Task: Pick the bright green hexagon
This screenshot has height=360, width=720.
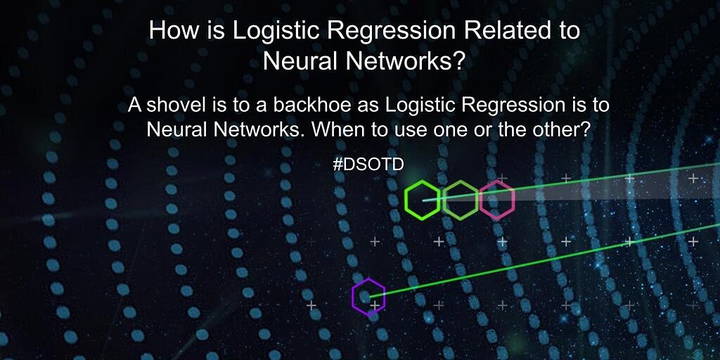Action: (423, 200)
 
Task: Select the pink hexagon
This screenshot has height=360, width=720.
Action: (497, 200)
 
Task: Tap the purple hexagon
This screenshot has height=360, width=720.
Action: (368, 298)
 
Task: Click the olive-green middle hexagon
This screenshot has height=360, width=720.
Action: (461, 200)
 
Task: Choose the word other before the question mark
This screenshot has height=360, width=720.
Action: (556, 130)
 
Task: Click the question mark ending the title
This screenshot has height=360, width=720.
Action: (458, 62)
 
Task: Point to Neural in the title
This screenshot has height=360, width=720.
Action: (291, 62)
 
